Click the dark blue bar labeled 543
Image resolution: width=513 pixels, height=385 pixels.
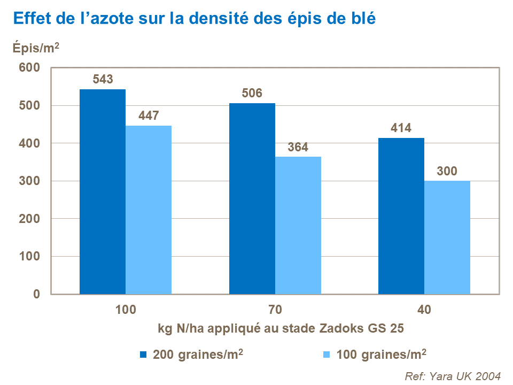pos(103,191)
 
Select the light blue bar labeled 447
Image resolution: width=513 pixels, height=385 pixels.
pos(149,210)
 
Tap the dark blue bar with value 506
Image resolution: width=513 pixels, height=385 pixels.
pos(252,198)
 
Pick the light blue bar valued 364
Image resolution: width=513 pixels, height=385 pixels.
pos(298,225)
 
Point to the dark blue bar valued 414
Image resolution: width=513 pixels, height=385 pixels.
pos(401,216)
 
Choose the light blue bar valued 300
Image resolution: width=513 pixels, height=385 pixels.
pos(447,237)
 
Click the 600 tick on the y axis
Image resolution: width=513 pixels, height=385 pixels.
pos(29,68)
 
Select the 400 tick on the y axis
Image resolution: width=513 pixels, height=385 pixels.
pos(29,143)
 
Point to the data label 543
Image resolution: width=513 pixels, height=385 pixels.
pos(103,80)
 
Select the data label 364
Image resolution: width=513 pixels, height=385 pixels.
pos(298,147)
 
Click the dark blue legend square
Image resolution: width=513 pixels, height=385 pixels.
pos(143,354)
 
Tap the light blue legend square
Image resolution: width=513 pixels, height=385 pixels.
pos(327,354)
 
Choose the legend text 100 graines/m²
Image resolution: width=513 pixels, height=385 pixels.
pos(381,354)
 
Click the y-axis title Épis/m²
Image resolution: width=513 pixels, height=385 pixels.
pos(36,48)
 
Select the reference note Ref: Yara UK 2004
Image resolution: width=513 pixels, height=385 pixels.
pos(453,375)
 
